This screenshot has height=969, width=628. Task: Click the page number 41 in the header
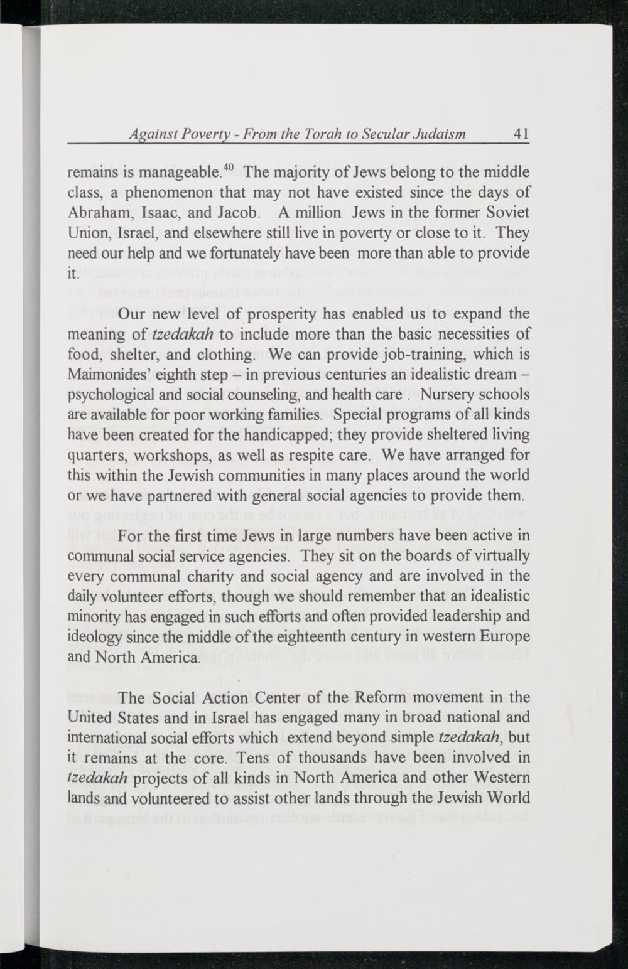click(521, 134)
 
